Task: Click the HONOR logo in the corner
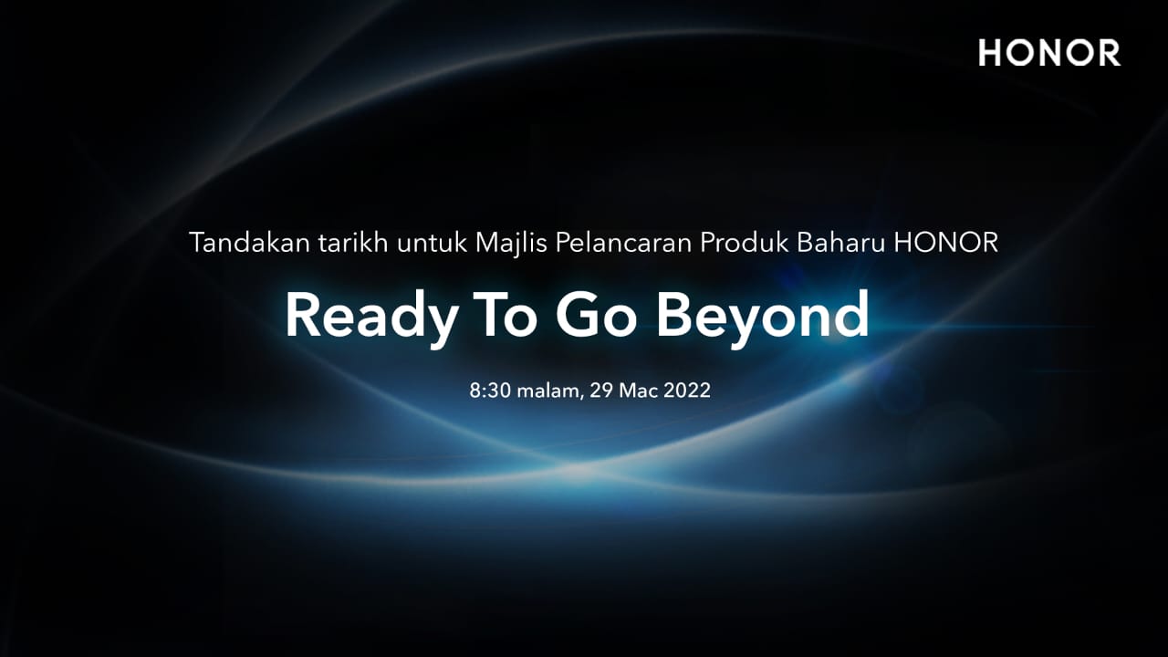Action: click(1049, 53)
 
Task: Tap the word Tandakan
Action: click(250, 243)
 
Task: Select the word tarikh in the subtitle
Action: click(353, 243)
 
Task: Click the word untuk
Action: click(432, 243)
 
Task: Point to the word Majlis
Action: click(511, 244)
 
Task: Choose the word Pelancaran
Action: click(623, 243)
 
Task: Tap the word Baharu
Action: click(841, 243)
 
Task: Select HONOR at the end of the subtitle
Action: click(946, 243)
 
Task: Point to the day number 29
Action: click(600, 390)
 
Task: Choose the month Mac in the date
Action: click(638, 390)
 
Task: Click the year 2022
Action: click(687, 390)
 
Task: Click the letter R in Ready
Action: click(304, 315)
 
